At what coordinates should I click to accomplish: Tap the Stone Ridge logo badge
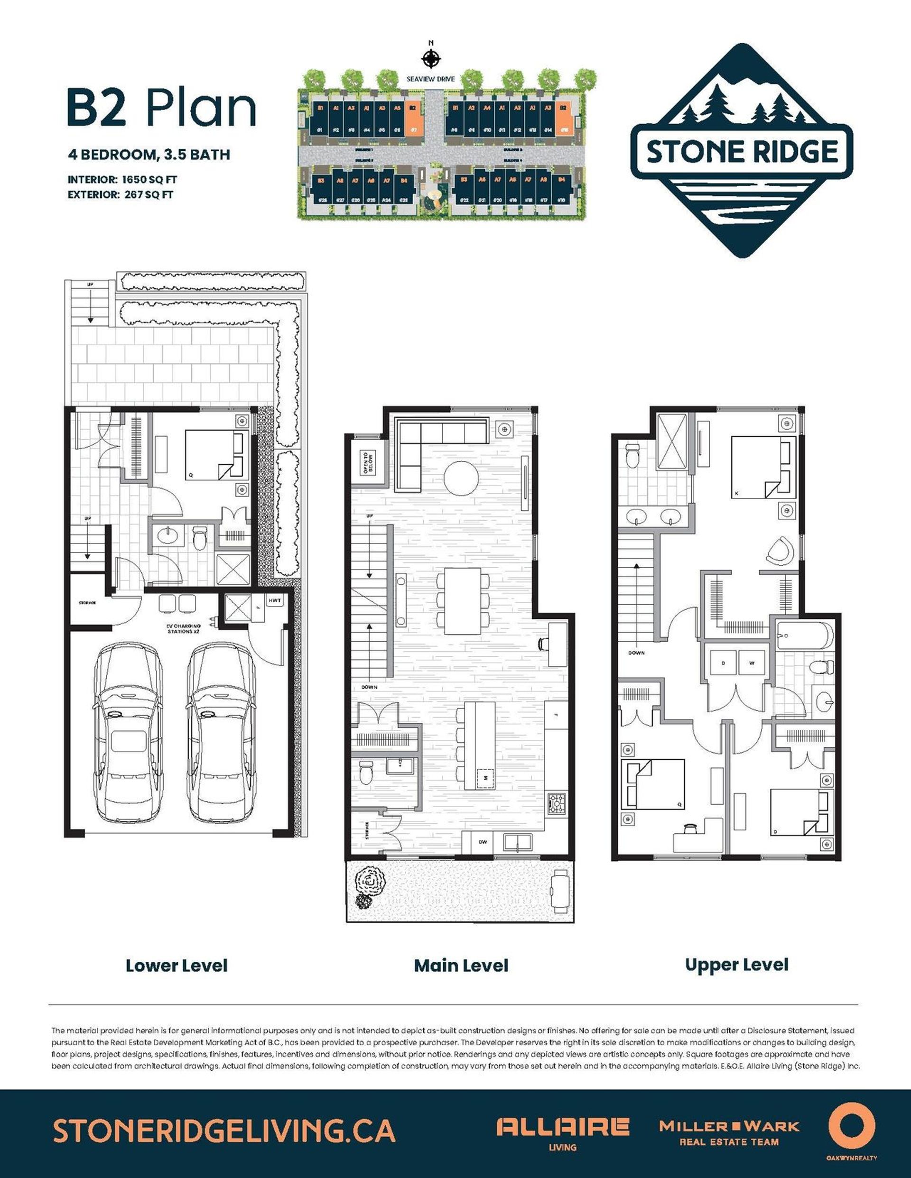742,151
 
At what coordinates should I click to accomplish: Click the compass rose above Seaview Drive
431,58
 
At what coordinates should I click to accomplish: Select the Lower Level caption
177,966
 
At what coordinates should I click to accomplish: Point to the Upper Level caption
737,965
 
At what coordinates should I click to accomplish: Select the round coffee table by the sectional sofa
461,477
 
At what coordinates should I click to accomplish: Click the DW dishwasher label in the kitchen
483,841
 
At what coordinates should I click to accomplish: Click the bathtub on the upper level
804,636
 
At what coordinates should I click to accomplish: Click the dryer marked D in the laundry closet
723,663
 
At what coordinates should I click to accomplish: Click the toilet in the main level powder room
365,772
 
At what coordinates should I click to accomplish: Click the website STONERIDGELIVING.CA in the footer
224,1130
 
